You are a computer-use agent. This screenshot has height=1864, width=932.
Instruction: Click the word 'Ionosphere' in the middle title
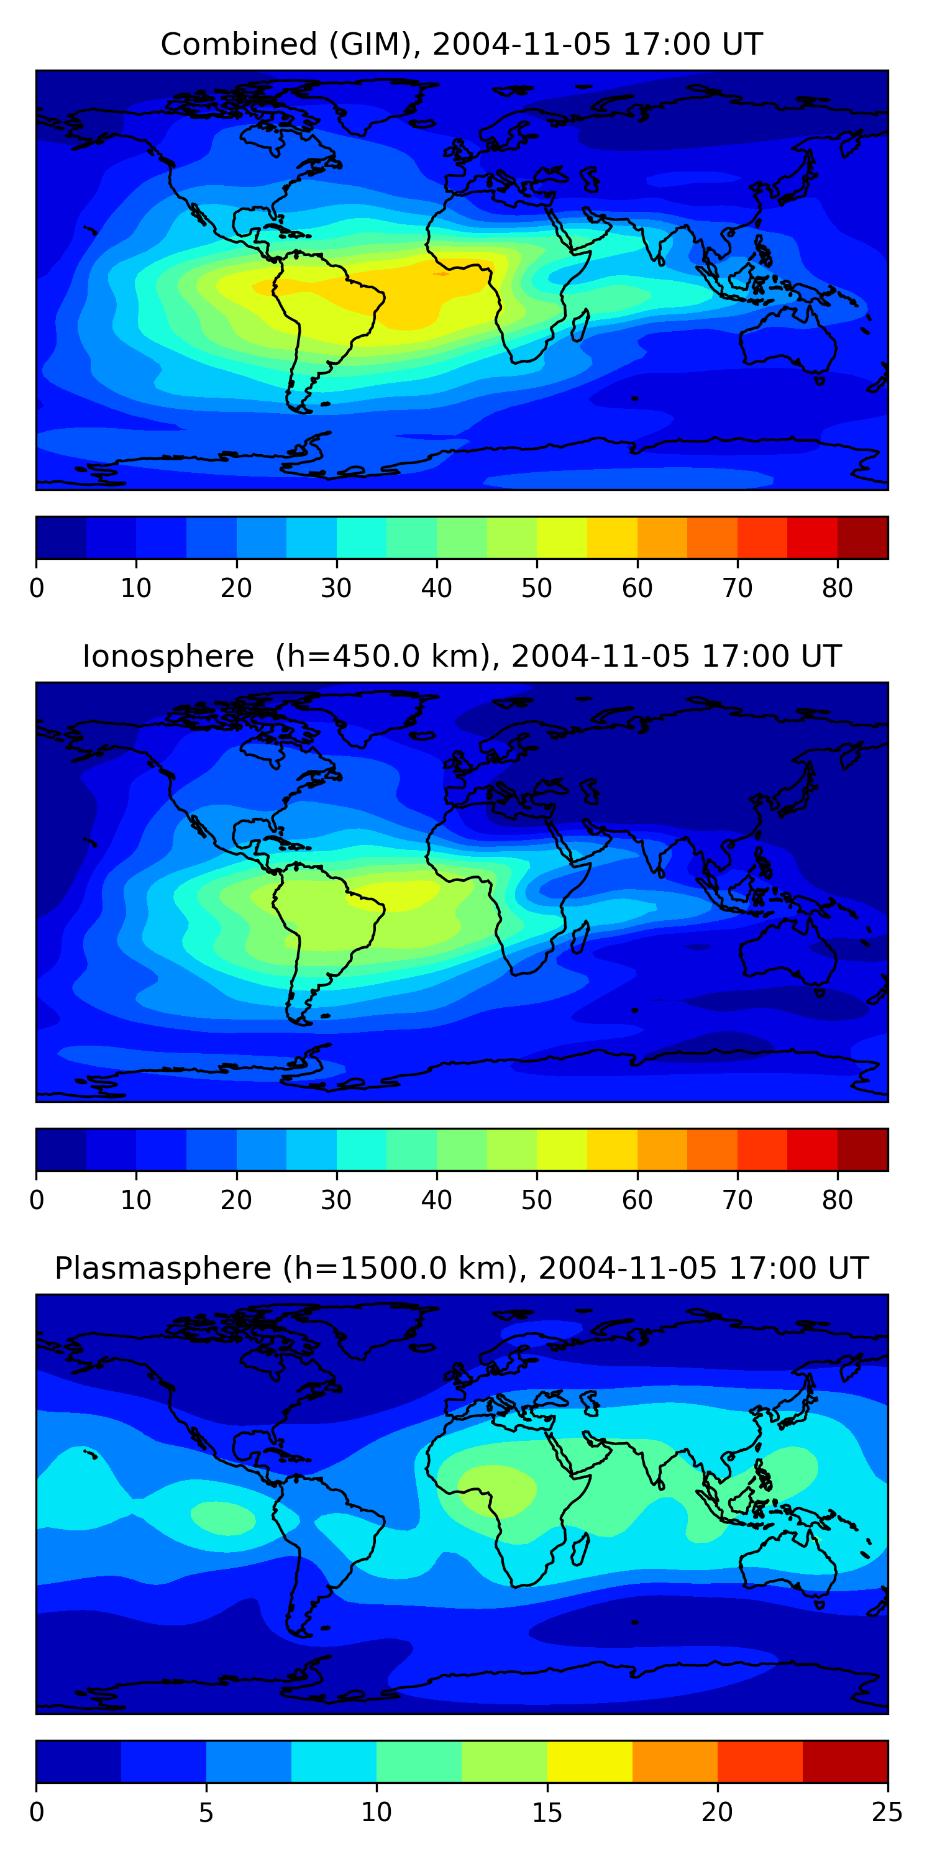pyautogui.click(x=168, y=656)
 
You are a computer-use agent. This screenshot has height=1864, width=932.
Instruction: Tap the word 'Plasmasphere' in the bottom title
pyautogui.click(x=163, y=1269)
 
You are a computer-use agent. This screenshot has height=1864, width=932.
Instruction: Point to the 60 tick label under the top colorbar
pyautogui.click(x=637, y=588)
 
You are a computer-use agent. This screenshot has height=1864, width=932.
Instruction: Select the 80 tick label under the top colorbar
pyautogui.click(x=837, y=588)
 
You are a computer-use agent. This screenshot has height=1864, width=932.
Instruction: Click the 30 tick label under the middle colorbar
pyautogui.click(x=337, y=1200)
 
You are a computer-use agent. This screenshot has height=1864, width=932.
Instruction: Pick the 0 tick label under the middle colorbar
pyautogui.click(x=37, y=1200)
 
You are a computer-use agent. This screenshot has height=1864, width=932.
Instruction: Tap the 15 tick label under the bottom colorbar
pyautogui.click(x=547, y=1812)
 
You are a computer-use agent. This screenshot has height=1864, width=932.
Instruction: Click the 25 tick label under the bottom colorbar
pyautogui.click(x=887, y=1812)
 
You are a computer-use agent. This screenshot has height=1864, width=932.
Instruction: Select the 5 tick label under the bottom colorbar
pyautogui.click(x=206, y=1812)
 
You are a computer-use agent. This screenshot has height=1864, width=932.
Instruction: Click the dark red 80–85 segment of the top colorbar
pyautogui.click(x=862, y=537)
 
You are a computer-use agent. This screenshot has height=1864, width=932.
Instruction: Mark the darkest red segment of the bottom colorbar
pyautogui.click(x=845, y=1762)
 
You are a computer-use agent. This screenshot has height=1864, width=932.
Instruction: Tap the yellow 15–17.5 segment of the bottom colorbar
pyautogui.click(x=590, y=1762)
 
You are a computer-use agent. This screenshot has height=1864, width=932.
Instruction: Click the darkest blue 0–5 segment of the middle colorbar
pyautogui.click(x=62, y=1150)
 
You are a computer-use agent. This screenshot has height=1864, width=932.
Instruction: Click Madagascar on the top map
pyautogui.click(x=580, y=326)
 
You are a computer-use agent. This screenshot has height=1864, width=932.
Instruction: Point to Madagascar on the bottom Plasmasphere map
pyautogui.click(x=580, y=1549)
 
